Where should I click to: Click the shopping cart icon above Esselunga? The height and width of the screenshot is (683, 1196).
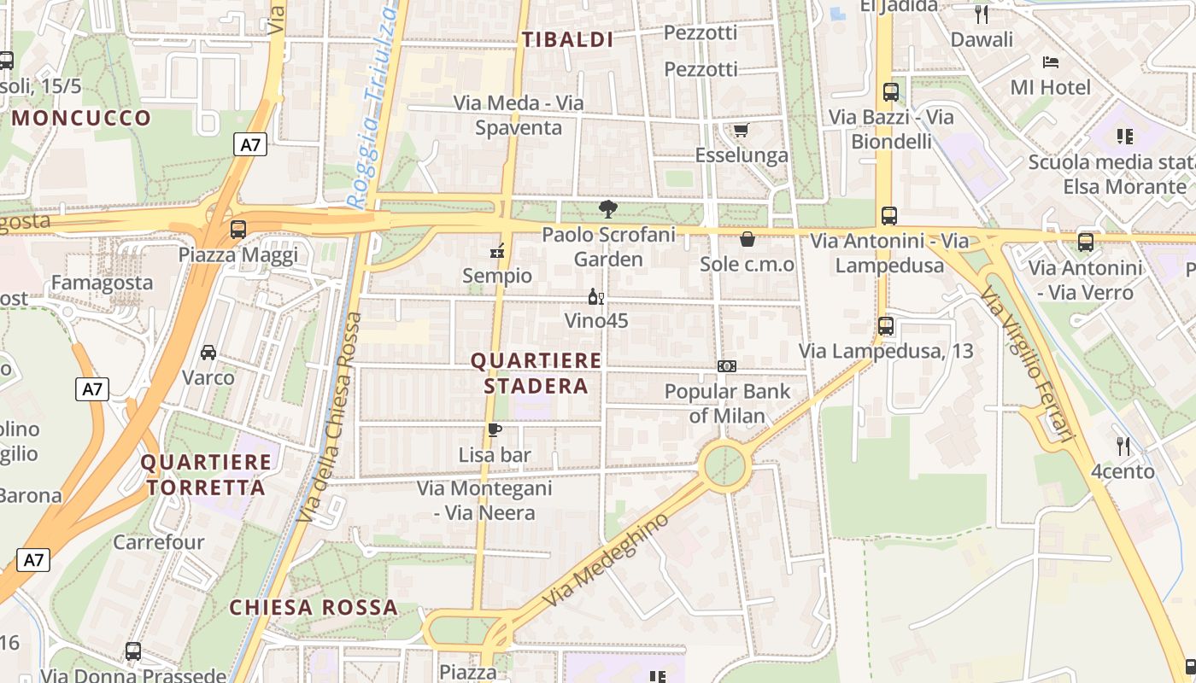(x=741, y=131)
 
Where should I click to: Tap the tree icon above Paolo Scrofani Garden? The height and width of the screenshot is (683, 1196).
(x=607, y=209)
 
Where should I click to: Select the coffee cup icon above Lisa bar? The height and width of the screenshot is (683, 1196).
(x=494, y=429)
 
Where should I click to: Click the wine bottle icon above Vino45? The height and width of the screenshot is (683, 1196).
(x=595, y=297)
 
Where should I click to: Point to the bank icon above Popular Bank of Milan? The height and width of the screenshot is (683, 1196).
(x=727, y=366)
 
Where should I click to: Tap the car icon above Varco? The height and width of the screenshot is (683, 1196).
(x=208, y=353)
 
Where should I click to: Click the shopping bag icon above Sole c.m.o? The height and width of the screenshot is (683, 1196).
(x=747, y=239)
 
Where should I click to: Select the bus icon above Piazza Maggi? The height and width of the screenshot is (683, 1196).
(x=238, y=229)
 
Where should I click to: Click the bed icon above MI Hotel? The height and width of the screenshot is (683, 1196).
(x=1051, y=62)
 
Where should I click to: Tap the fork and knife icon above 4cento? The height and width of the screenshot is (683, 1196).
(x=1123, y=446)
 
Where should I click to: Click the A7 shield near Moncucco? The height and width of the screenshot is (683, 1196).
(x=250, y=144)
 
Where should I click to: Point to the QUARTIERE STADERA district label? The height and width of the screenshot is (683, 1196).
(x=536, y=373)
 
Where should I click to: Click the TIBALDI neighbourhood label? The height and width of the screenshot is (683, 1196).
(x=568, y=39)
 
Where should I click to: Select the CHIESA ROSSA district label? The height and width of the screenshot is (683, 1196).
(x=314, y=608)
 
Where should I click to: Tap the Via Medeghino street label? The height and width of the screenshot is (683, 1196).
(x=606, y=561)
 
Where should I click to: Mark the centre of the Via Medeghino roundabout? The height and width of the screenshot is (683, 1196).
(x=725, y=466)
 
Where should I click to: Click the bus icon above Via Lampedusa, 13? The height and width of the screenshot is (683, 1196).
(x=886, y=325)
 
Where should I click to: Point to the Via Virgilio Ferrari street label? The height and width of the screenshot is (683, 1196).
(x=1028, y=363)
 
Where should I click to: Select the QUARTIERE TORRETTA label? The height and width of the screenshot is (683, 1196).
(x=206, y=476)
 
